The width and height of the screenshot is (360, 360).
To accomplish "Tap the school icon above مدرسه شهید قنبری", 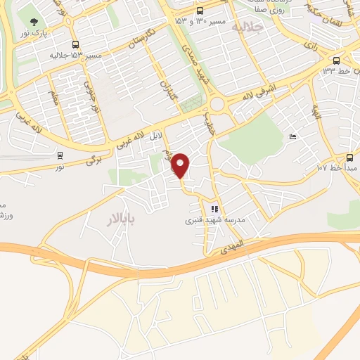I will point(215,209).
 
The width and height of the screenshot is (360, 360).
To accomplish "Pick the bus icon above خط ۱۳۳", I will point(336,60).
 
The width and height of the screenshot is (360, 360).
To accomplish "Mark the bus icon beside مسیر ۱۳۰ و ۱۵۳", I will point(200,11).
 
